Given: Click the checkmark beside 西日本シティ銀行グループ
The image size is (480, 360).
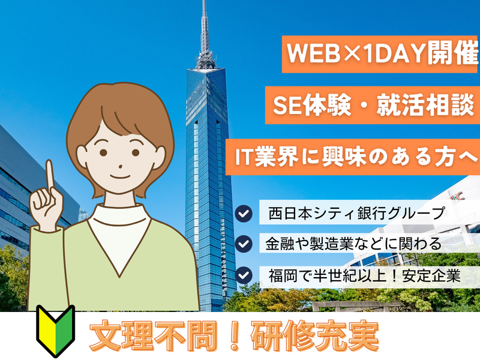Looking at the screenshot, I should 244,214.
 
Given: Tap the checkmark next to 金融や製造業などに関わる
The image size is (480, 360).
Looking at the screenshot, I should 244,244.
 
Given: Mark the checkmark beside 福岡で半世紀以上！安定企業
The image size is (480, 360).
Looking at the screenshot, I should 244,275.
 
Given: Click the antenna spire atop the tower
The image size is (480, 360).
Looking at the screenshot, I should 204,27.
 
